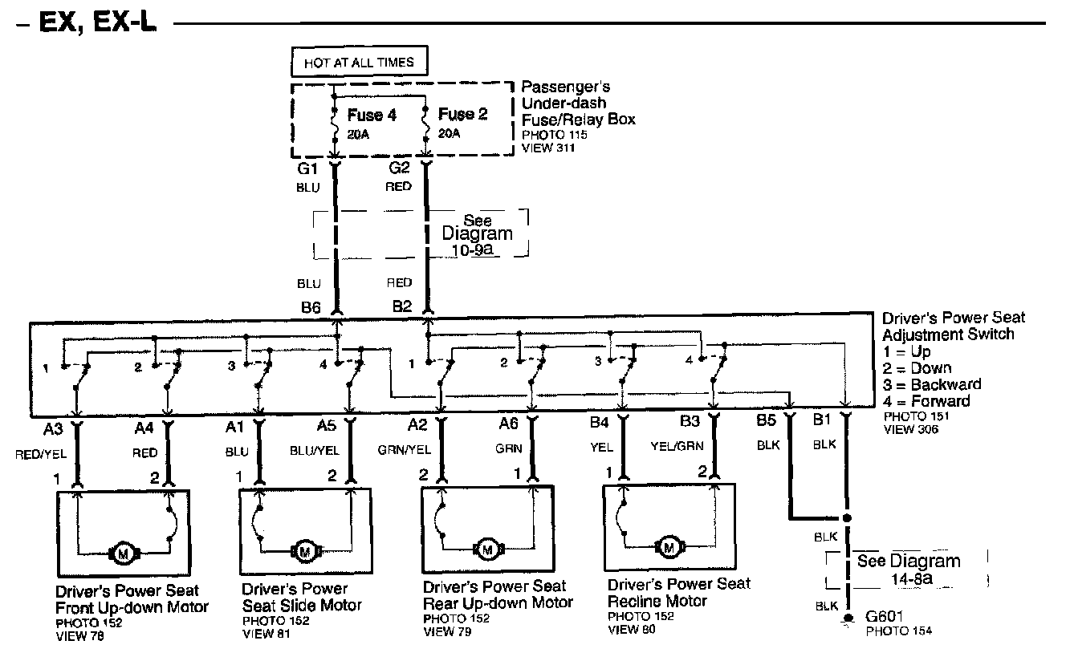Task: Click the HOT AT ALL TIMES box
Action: tap(359, 62)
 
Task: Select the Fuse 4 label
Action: tap(372, 116)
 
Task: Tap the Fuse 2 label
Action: tap(462, 115)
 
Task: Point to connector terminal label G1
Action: tap(308, 170)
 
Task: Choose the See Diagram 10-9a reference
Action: tap(477, 233)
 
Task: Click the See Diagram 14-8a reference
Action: tap(908, 569)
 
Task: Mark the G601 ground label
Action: tap(886, 618)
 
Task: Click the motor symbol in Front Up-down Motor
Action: tap(124, 553)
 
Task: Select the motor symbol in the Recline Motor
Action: tap(668, 547)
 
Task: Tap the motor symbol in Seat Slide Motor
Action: tap(305, 551)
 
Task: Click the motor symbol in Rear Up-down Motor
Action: tap(486, 549)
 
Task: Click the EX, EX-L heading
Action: tap(87, 24)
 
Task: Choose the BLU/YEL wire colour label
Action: tap(315, 452)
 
